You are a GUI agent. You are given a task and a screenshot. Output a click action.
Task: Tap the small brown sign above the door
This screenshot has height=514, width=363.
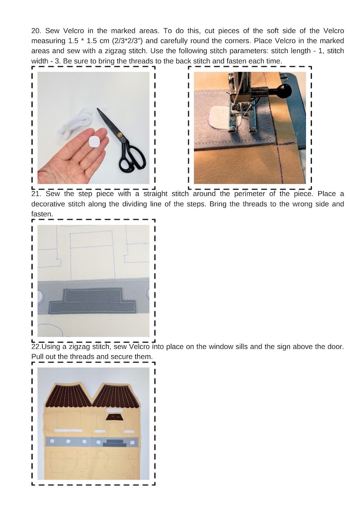tap(114, 416)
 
